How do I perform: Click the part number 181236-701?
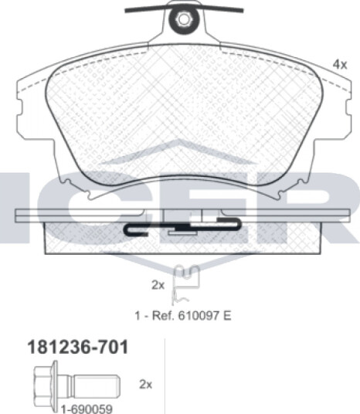[78, 347]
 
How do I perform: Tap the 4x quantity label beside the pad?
[340, 64]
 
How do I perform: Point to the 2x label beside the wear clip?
[158, 285]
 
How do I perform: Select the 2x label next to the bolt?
[146, 385]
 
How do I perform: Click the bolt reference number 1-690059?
[87, 409]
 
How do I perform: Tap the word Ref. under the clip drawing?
[164, 315]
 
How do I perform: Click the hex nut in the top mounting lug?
[182, 19]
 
